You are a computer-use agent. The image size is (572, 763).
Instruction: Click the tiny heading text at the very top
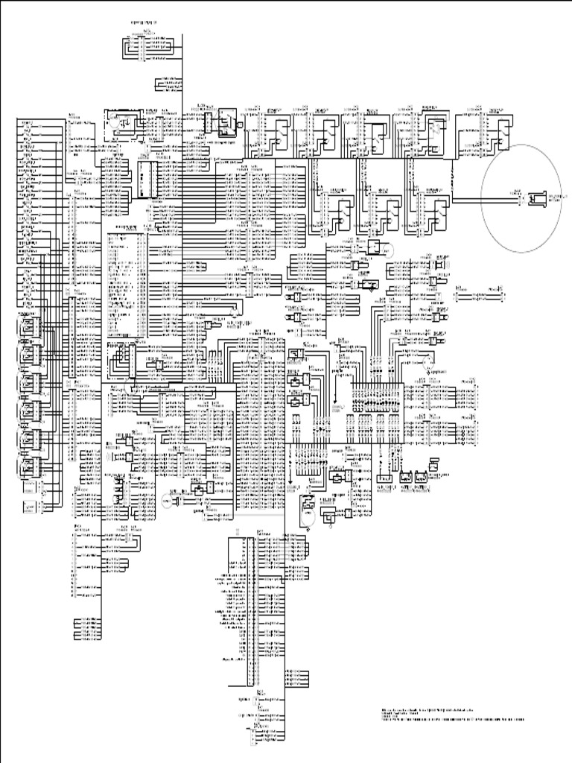point(148,25)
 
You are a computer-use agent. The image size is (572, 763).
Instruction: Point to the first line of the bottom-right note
point(432,708)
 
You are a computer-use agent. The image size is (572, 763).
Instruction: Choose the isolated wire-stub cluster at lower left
point(86,627)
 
